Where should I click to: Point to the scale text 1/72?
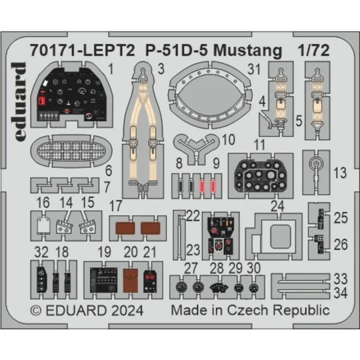(x=310, y=51)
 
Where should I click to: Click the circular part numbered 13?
(x=317, y=163)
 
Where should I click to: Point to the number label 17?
(x=115, y=205)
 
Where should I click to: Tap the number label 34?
(x=341, y=291)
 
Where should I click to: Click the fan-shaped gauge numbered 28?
(x=216, y=288)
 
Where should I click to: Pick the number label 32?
(x=41, y=251)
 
